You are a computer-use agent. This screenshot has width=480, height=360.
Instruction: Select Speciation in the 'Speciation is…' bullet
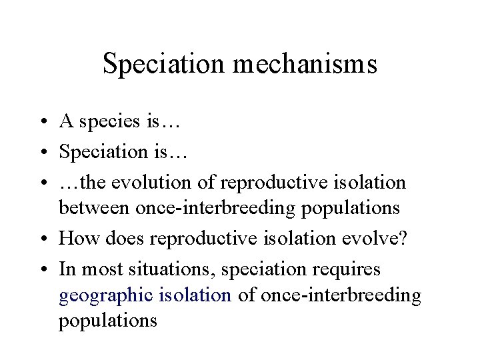coord(97,152)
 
